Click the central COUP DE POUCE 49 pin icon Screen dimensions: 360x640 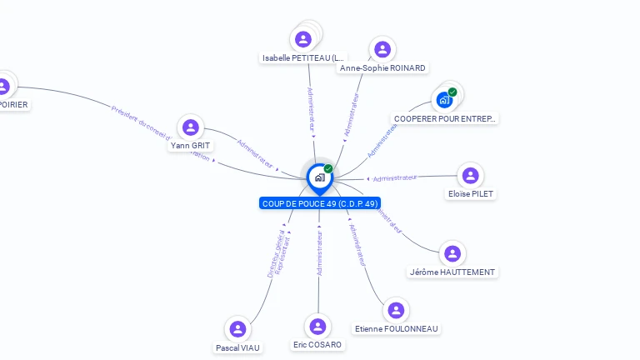pos(319,177)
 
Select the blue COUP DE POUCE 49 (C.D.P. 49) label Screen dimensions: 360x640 pos(320,203)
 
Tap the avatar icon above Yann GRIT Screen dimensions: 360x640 pos(191,127)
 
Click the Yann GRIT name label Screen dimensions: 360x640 pos(191,146)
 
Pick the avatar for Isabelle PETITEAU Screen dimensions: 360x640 pos(303,39)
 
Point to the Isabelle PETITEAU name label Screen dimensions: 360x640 pos(302,58)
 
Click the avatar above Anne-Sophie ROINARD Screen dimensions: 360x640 pos(382,49)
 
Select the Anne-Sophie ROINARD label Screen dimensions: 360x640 pos(382,68)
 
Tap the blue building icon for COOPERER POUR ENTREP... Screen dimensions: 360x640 pos(444,100)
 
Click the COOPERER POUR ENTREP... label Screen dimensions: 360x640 pos(445,119)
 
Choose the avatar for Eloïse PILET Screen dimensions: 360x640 pos(471,175)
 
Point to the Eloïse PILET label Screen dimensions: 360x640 pos(471,194)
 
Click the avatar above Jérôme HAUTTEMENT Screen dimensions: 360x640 pos(452,253)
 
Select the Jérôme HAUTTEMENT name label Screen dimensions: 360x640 pos(452,272)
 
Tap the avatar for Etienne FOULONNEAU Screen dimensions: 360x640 pos(396,310)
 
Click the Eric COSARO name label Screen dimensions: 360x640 pos(317,345)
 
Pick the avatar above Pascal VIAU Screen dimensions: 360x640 pos(238,329)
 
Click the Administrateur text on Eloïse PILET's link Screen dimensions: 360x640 pos(395,177)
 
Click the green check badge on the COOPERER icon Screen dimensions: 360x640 pos(452,92)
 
